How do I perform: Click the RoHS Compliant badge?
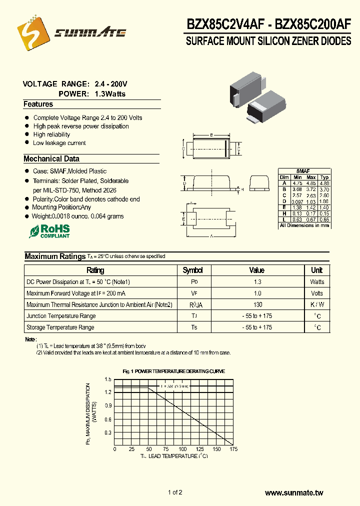(x=49, y=231)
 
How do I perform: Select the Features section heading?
(x=38, y=104)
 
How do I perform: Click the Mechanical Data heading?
(x=51, y=159)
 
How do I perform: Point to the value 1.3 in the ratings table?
(x=257, y=282)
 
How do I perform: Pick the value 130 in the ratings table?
(x=257, y=304)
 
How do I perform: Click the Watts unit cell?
(x=317, y=282)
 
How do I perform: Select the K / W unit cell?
(x=317, y=304)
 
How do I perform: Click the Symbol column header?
(x=192, y=270)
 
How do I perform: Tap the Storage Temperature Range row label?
(x=60, y=327)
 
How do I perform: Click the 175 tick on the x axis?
(x=232, y=449)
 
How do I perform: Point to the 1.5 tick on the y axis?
(x=108, y=380)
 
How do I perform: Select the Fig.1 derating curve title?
(x=173, y=371)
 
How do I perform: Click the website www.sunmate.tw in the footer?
(x=293, y=493)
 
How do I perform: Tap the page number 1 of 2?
(x=175, y=492)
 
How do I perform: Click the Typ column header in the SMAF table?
(x=324, y=177)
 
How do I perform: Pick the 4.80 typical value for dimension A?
(x=324, y=183)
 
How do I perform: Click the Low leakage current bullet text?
(x=59, y=143)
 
